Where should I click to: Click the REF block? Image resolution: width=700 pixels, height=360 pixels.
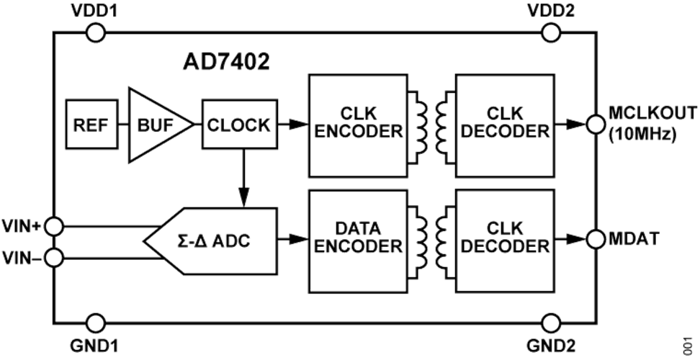point(92,125)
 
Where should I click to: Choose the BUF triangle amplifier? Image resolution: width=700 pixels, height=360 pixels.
point(156,125)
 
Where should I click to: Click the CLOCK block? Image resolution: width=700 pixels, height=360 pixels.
point(240,125)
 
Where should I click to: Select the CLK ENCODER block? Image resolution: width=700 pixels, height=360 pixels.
point(358,125)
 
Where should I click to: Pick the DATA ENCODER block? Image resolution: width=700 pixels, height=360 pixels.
point(358,241)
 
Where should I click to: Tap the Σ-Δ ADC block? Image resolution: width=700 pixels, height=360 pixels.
point(210,241)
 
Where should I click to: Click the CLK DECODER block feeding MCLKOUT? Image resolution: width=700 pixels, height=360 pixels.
point(505,125)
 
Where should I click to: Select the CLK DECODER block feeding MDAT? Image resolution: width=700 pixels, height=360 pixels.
point(505,241)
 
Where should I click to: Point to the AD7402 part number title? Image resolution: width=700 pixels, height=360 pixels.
point(226,63)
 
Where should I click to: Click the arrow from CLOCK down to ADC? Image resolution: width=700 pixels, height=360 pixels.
point(243,178)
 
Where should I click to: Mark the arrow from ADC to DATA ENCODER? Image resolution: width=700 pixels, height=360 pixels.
point(293,239)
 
